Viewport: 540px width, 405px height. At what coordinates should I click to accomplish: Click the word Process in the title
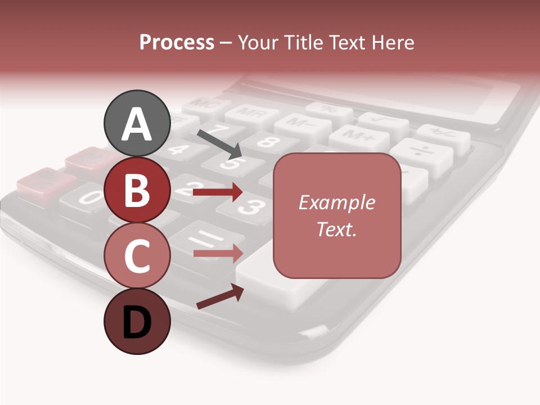coord(177,43)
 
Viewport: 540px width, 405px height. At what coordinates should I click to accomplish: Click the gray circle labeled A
coord(137,123)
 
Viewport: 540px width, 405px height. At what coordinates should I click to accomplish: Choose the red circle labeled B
coord(137,190)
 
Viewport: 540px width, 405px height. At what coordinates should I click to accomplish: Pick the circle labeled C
coord(137,255)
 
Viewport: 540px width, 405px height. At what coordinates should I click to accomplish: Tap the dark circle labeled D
coord(137,321)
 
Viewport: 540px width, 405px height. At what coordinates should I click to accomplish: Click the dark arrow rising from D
coord(220,296)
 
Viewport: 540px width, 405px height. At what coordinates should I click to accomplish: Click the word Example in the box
coord(336,202)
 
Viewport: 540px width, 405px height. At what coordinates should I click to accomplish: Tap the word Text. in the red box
coord(336,229)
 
